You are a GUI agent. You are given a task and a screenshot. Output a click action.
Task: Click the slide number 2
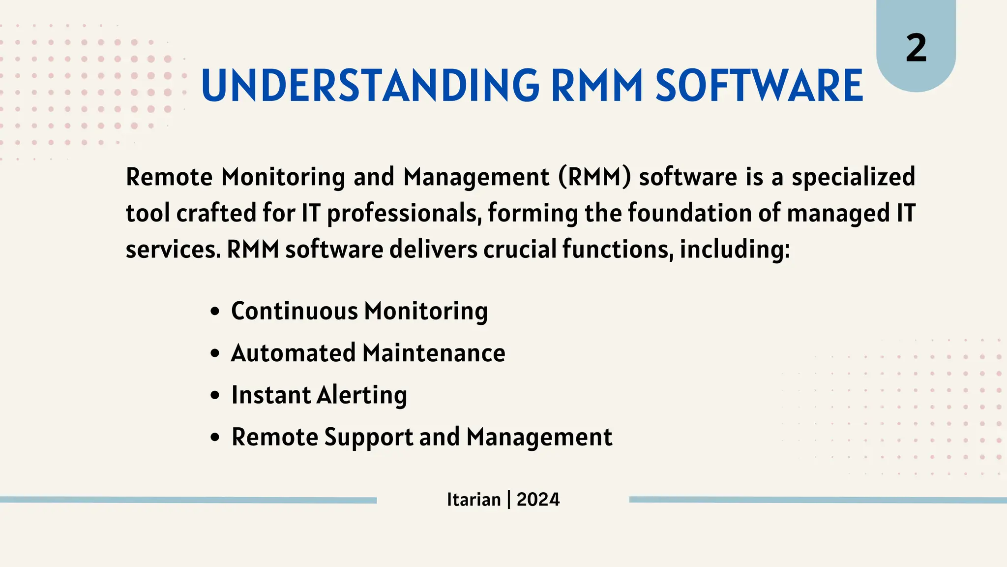click(916, 48)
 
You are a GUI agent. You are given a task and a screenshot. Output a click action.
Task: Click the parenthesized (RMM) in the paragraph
click(594, 177)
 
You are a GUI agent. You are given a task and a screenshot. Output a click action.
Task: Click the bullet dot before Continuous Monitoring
click(214, 312)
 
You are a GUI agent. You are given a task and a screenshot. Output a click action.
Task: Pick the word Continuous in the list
click(295, 311)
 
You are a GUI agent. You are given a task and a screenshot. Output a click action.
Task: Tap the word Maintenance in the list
click(434, 353)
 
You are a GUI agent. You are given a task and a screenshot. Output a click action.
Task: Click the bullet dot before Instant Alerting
click(214, 396)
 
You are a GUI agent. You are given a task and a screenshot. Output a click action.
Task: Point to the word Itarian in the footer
click(474, 500)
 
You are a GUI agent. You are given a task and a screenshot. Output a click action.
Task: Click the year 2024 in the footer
click(538, 500)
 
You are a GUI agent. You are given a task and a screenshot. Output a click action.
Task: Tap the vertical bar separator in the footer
click(508, 500)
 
